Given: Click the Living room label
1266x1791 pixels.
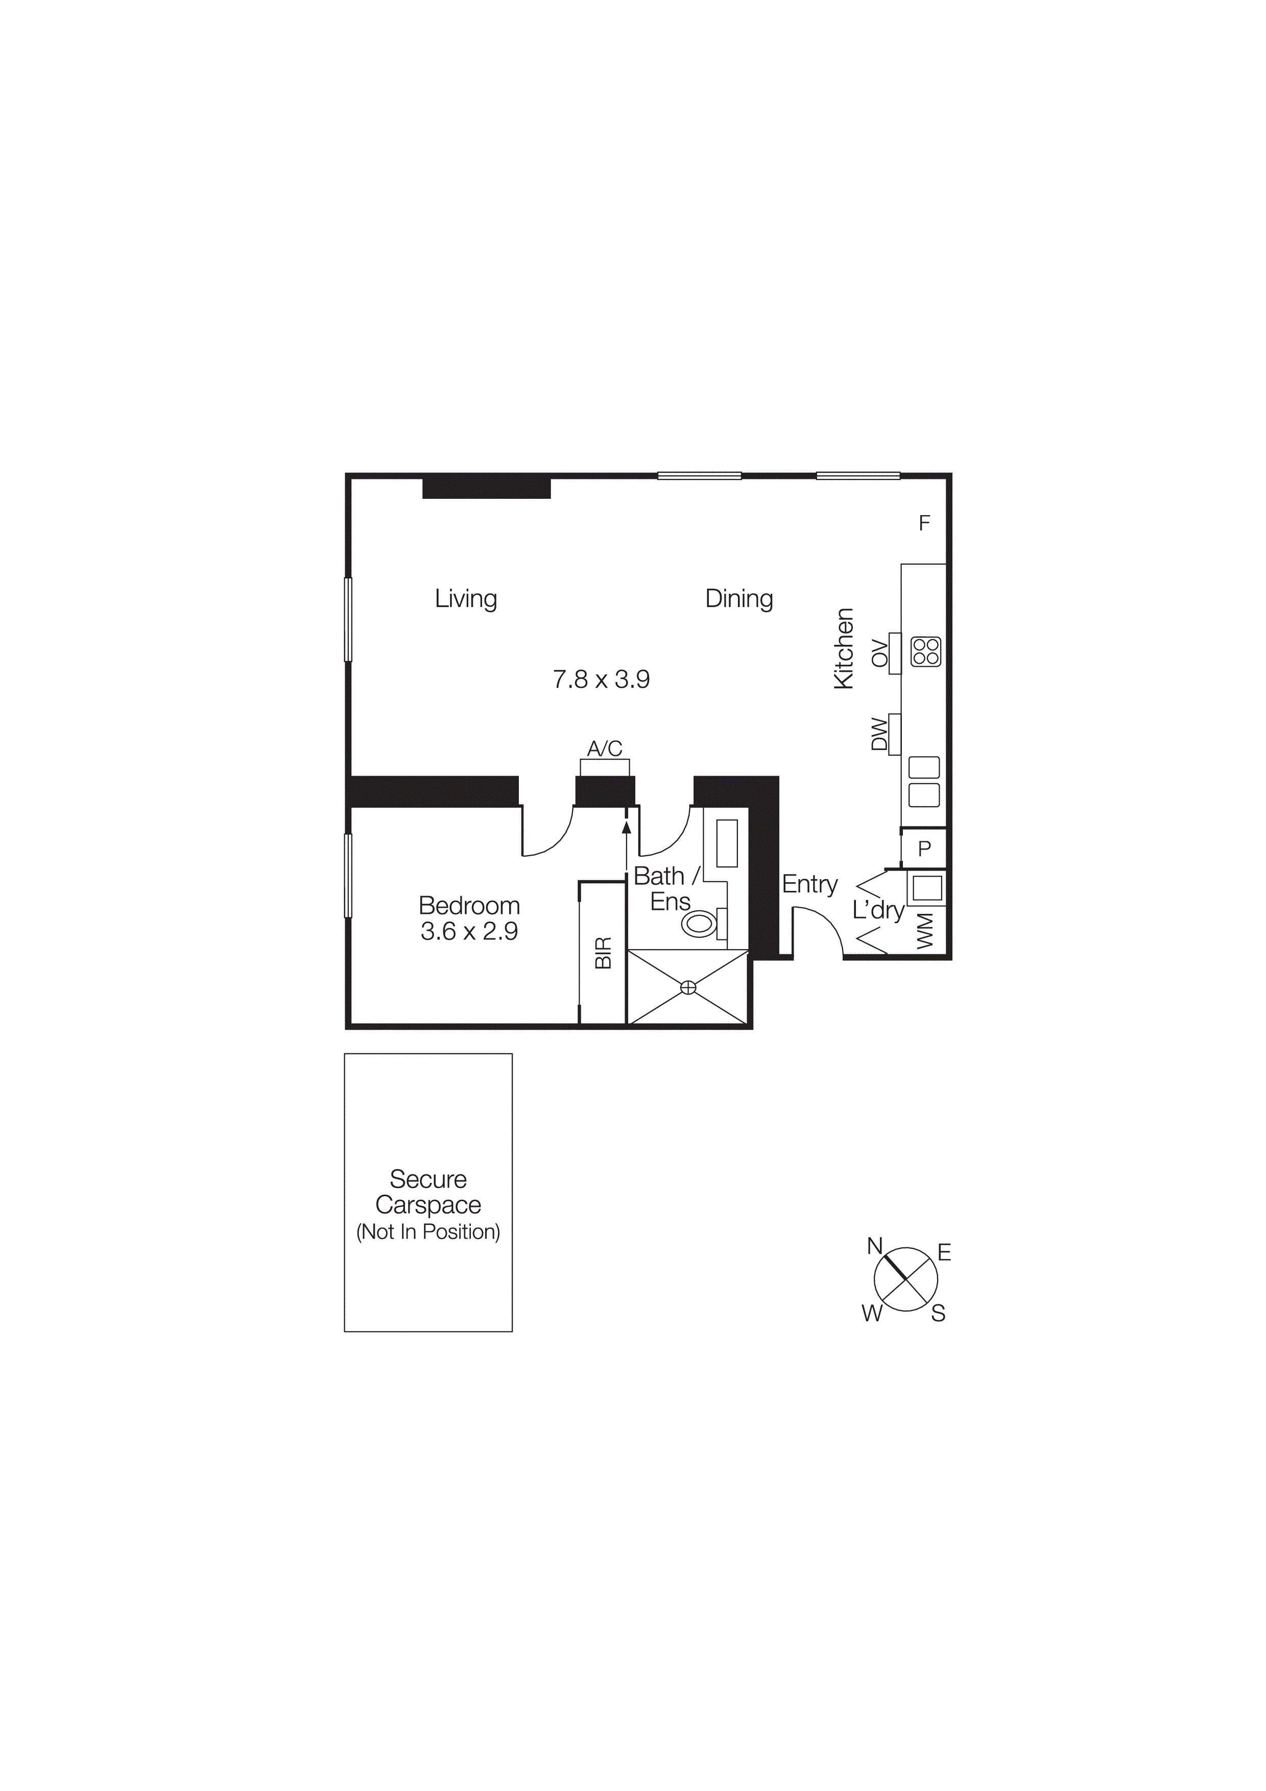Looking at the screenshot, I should pyautogui.click(x=466, y=599).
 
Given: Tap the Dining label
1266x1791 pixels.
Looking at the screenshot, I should pyautogui.click(x=738, y=599).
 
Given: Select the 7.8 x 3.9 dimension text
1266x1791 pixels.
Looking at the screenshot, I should pyautogui.click(x=601, y=680).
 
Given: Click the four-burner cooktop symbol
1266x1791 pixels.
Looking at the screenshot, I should pyautogui.click(x=926, y=651).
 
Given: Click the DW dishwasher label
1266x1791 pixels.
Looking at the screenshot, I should pyautogui.click(x=879, y=734).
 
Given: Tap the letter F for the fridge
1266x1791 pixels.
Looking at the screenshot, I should pyautogui.click(x=924, y=523).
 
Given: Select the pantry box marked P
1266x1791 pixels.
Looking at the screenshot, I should pyautogui.click(x=924, y=849).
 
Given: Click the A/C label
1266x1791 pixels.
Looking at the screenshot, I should pyautogui.click(x=605, y=749).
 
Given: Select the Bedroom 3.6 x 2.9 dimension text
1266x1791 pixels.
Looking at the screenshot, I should pyautogui.click(x=469, y=931).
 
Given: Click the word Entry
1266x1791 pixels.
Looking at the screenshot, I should pyautogui.click(x=809, y=885).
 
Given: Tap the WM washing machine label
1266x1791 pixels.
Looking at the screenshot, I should pyautogui.click(x=925, y=931).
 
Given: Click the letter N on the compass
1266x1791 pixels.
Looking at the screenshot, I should pyautogui.click(x=874, y=1247).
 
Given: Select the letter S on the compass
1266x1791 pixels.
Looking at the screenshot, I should pyautogui.click(x=938, y=1314).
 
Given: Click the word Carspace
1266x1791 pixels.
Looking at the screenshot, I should pyautogui.click(x=428, y=1205).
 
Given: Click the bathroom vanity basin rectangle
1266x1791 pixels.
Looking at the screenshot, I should pyautogui.click(x=727, y=843).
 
